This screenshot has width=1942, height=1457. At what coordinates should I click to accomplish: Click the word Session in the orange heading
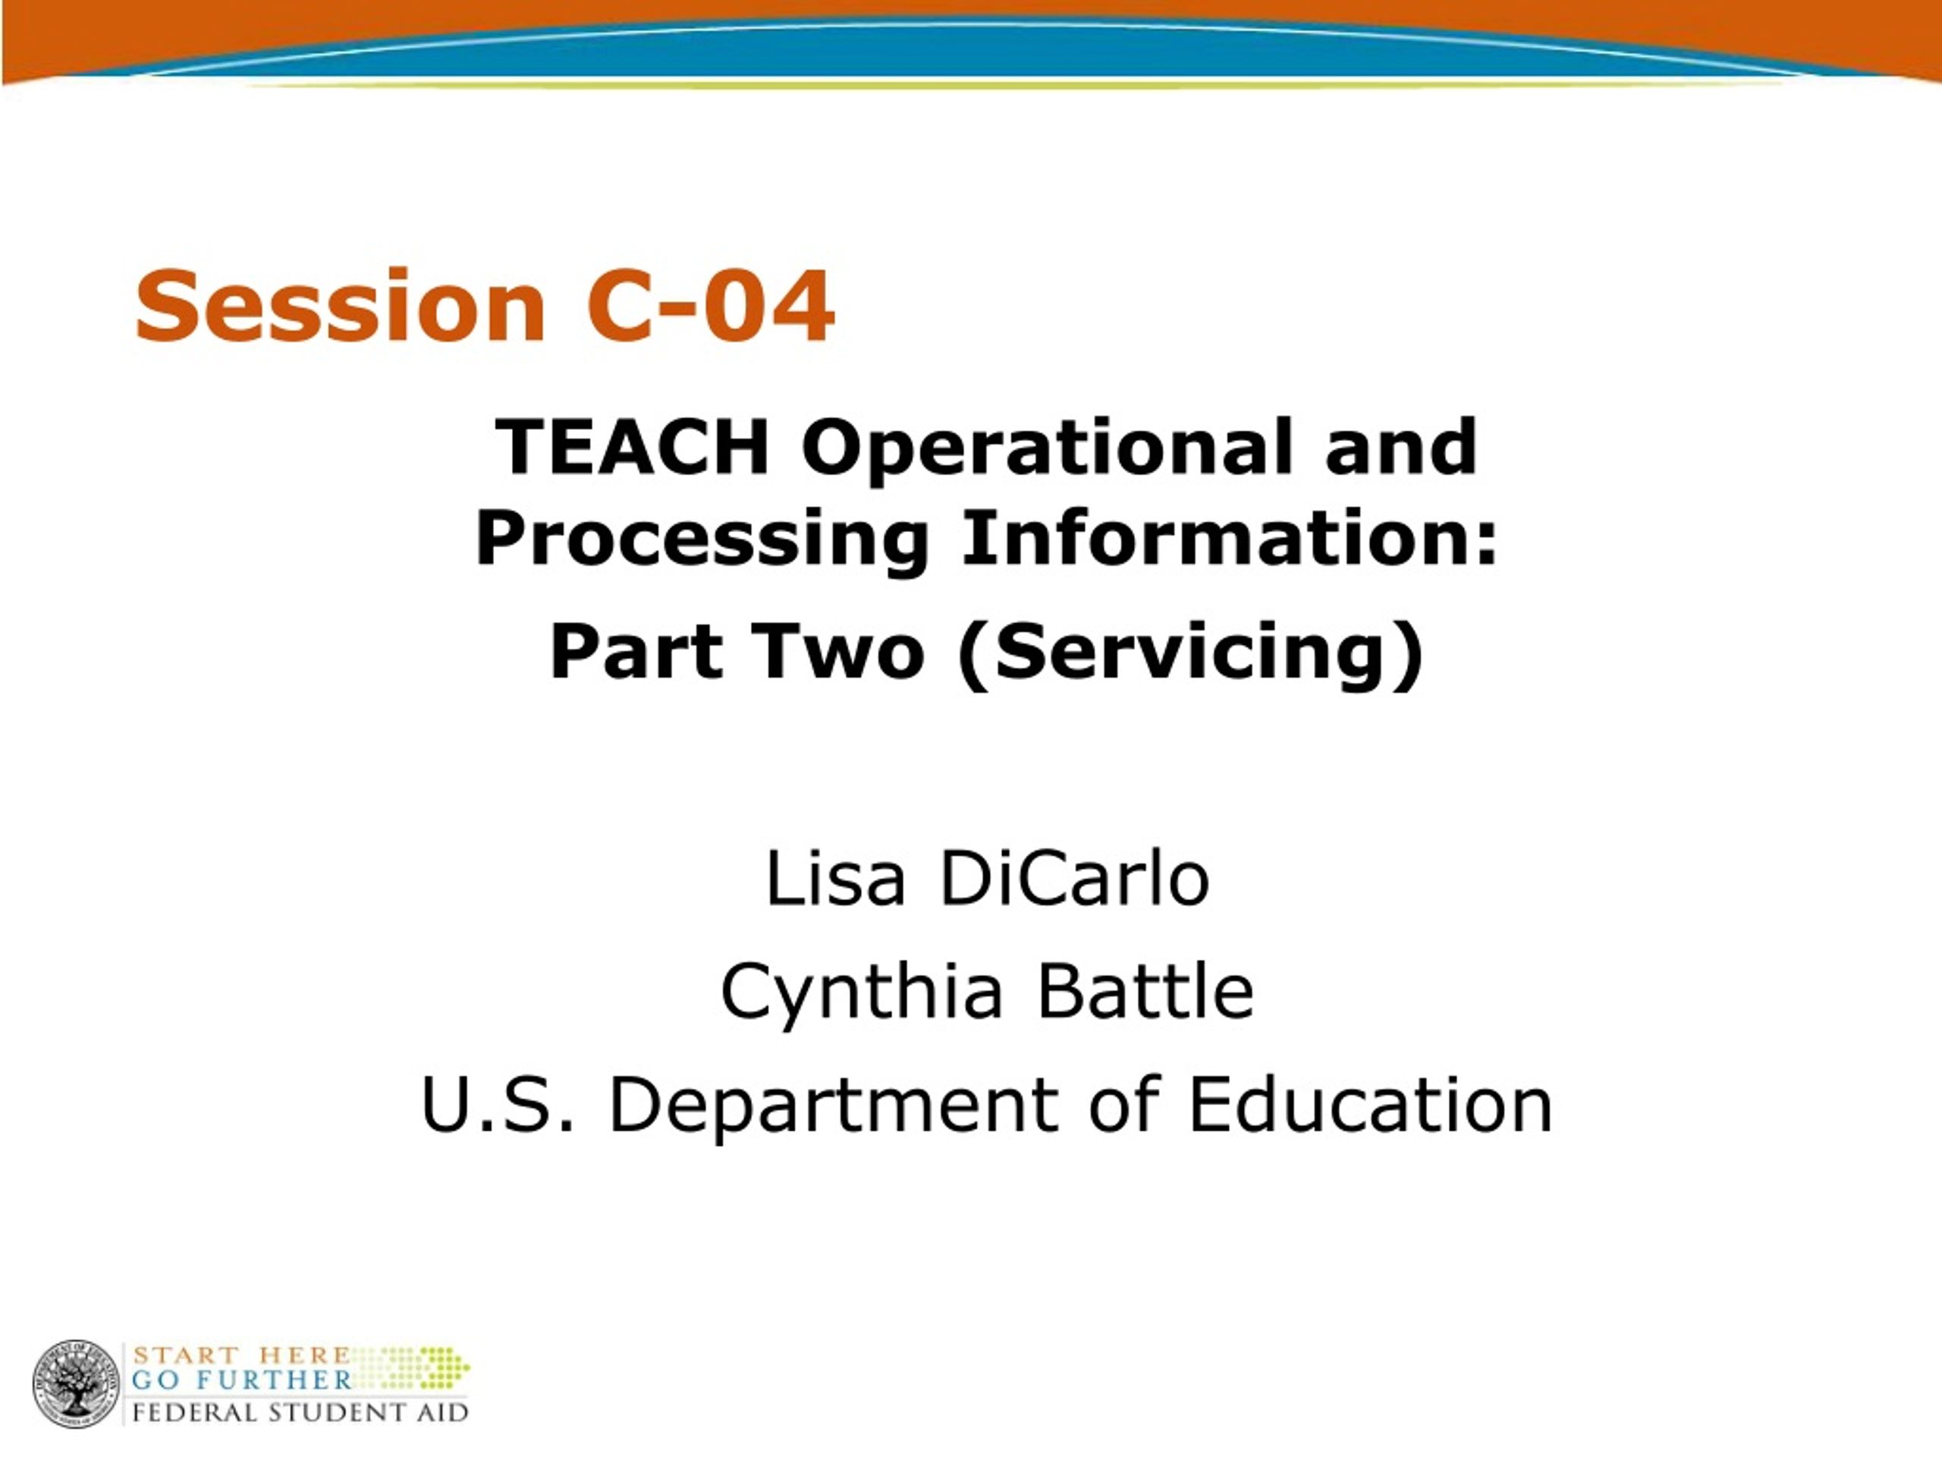pyautogui.click(x=341, y=307)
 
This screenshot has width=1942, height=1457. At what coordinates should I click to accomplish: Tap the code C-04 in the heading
pyautogui.click(x=710, y=307)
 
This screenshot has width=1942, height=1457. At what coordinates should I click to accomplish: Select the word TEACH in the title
pyautogui.click(x=632, y=447)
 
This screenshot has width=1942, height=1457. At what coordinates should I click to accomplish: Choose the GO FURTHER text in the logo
pyautogui.click(x=242, y=1380)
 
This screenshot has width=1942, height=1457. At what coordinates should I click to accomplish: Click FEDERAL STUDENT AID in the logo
pyautogui.click(x=300, y=1412)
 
